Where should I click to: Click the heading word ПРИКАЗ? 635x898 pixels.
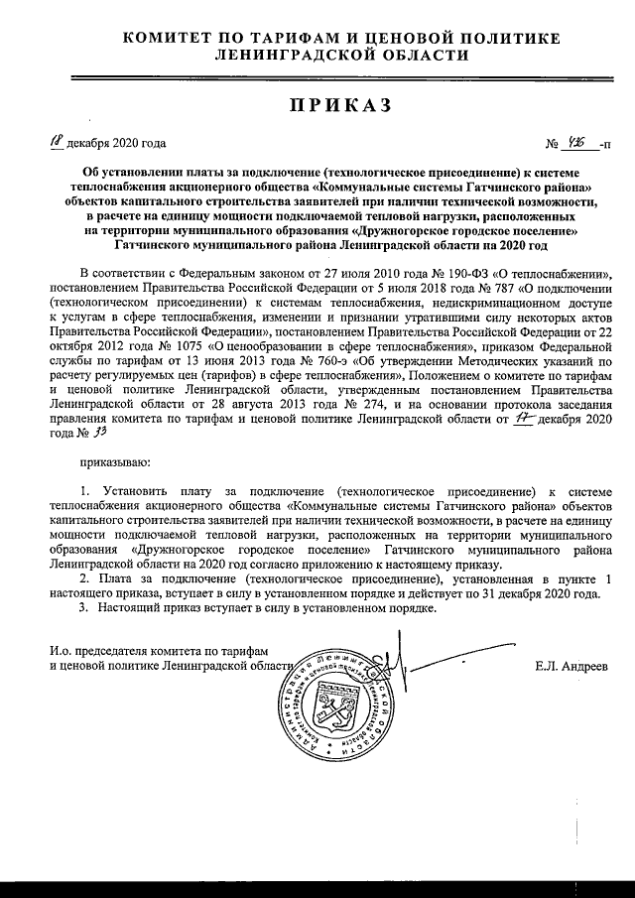coord(336,106)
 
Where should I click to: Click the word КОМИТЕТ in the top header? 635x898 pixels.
coord(171,39)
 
